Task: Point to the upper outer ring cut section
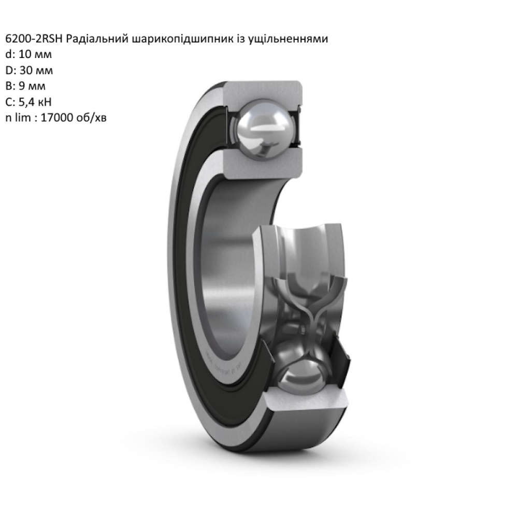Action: pyautogui.click(x=262, y=91)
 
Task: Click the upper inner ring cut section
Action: pyautogui.click(x=262, y=164)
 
